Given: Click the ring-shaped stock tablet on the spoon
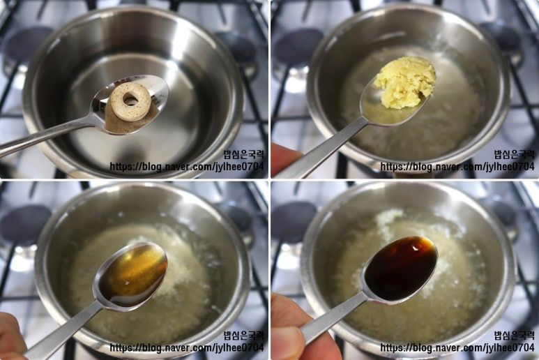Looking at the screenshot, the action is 130,101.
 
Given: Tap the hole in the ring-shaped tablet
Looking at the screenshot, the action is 130,99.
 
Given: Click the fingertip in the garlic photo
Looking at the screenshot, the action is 285,158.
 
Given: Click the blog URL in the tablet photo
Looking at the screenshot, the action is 187,167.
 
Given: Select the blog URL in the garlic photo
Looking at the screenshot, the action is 457,167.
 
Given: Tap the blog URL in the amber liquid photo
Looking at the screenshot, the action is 187,347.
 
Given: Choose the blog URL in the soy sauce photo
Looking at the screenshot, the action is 457,347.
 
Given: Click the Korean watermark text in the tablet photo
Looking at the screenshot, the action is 244,154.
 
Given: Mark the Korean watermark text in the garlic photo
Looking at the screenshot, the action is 515,154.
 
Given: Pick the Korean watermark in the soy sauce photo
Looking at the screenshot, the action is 515,336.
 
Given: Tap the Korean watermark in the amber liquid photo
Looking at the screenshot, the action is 244,336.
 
